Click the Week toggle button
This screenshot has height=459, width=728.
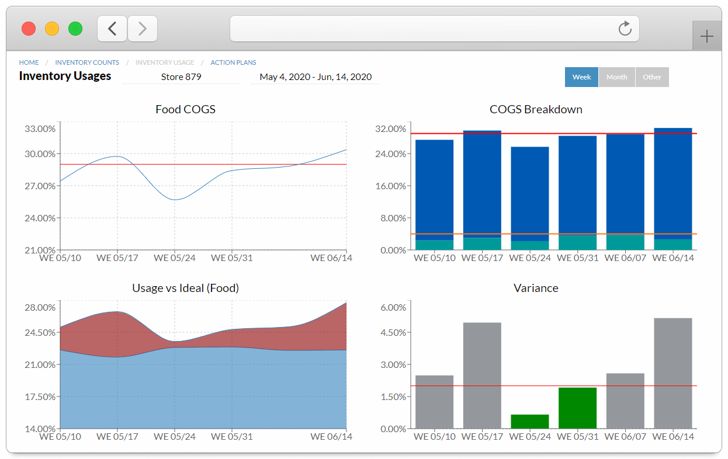[581, 77]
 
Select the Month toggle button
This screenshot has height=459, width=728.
[616, 77]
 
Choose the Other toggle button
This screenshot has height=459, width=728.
[652, 77]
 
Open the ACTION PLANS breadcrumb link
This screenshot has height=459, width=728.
[233, 62]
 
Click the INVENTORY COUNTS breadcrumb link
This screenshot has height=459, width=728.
[87, 62]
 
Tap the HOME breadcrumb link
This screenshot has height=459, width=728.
[29, 62]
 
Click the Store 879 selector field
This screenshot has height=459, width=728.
[181, 77]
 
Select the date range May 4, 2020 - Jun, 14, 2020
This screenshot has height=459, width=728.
[316, 77]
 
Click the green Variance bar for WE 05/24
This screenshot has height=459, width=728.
[530, 421]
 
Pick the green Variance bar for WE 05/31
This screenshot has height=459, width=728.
[577, 408]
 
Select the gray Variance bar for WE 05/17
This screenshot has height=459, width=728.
[482, 375]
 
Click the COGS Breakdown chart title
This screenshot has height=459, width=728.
[536, 109]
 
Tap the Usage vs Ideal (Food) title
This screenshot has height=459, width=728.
[185, 288]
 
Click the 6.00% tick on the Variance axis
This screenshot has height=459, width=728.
[393, 307]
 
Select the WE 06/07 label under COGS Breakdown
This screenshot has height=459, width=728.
[625, 258]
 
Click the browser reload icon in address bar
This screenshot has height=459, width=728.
[625, 29]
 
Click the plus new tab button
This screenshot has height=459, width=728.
[706, 37]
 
